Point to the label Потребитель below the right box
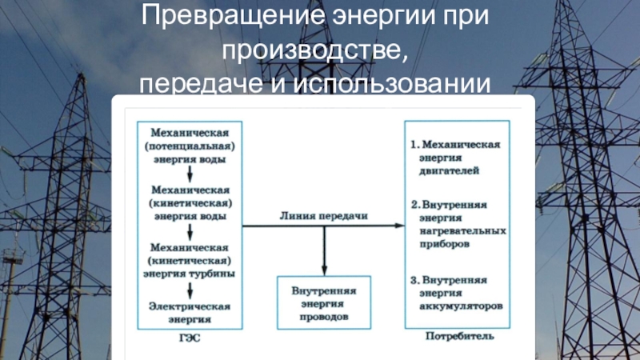[460, 337]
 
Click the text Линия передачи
[324, 216]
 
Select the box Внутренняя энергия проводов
[323, 303]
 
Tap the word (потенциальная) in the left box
[190, 146]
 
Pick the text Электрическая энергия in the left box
[190, 312]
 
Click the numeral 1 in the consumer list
[414, 145]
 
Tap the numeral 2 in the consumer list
[414, 205]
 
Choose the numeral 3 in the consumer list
[414, 281]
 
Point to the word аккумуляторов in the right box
[461, 306]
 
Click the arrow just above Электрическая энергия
[190, 290]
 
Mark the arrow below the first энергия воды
[190, 174]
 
